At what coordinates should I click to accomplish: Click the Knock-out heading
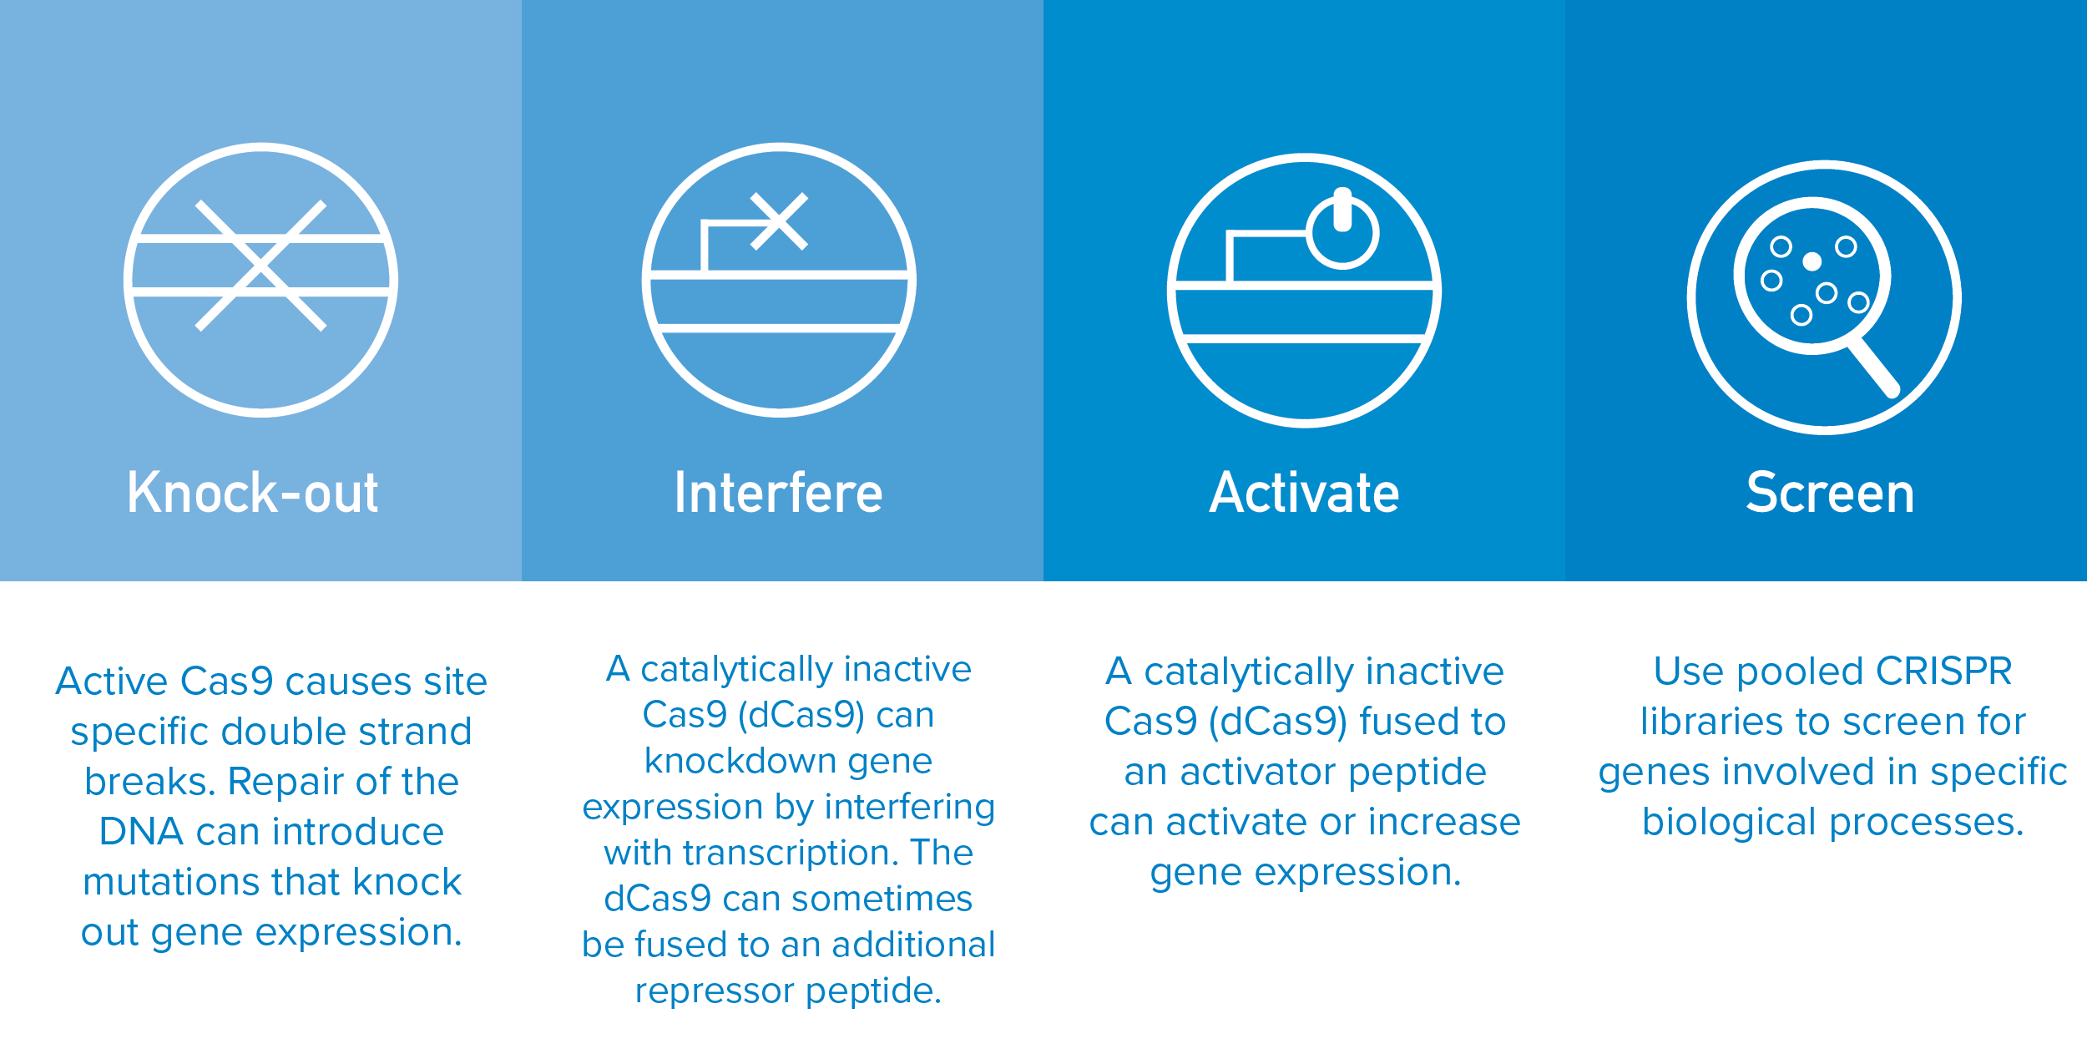253,492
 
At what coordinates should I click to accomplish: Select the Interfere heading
778,492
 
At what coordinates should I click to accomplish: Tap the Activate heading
1304,492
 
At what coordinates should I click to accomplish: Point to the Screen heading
1830,492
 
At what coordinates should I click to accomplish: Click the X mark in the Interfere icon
779,221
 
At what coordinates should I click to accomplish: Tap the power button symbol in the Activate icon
1342,229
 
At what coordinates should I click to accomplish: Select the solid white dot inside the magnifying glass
1812,262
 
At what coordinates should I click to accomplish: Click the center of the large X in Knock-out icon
260,266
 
